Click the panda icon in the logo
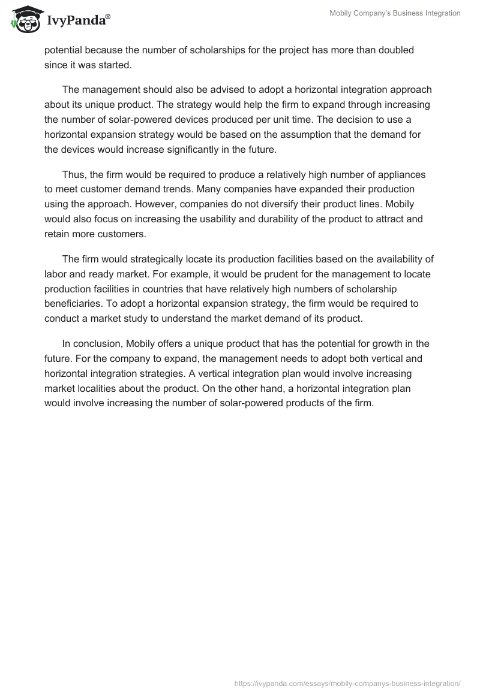pos(23,19)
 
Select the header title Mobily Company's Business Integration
pos(395,13)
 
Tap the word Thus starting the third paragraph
pos(73,175)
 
